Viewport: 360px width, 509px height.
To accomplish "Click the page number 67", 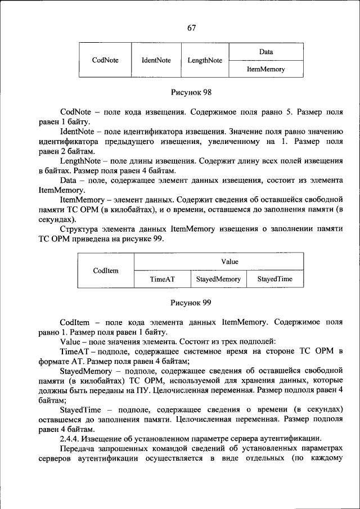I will click(191, 28).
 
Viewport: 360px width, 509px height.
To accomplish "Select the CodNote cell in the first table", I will click(105, 60).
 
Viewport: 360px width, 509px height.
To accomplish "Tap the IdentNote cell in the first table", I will click(156, 60).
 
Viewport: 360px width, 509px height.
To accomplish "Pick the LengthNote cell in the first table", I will click(205, 60).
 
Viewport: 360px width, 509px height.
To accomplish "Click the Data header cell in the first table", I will click(266, 52).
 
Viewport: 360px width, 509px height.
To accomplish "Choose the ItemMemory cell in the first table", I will click(266, 69).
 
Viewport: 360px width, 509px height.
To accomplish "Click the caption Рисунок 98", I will click(191, 92).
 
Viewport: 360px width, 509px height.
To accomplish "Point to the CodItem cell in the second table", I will click(105, 271).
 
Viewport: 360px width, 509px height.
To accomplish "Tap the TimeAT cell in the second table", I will click(162, 279).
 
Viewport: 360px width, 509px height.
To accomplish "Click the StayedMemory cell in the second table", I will click(218, 279).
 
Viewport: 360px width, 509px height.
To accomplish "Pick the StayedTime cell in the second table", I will click(275, 279).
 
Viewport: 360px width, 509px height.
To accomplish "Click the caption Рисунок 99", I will click(191, 303).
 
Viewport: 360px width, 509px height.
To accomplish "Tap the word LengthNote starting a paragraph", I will click(78, 160).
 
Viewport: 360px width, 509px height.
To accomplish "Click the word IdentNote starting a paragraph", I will click(76, 131).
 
